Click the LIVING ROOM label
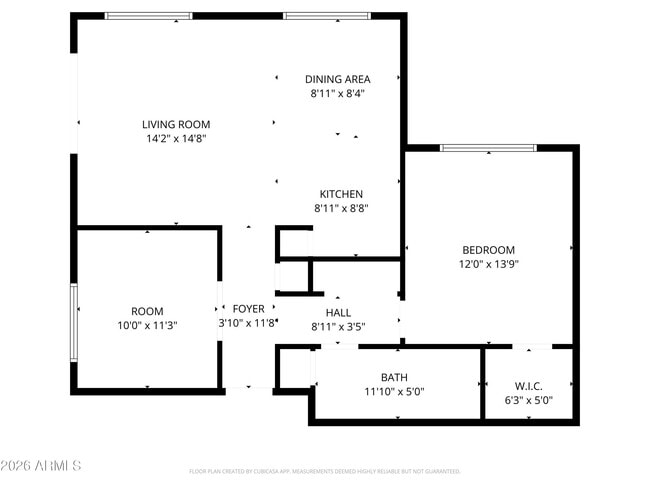pyautogui.click(x=176, y=125)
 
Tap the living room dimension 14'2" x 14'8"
pyautogui.click(x=176, y=139)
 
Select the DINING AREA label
pyautogui.click(x=338, y=79)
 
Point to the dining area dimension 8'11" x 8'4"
pyautogui.click(x=338, y=93)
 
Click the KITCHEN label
pyautogui.click(x=341, y=194)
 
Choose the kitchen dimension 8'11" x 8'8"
pyautogui.click(x=341, y=209)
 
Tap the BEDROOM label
pyautogui.click(x=488, y=250)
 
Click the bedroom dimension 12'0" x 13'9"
pyautogui.click(x=488, y=265)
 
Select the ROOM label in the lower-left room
pyautogui.click(x=147, y=311)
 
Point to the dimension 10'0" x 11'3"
pyautogui.click(x=147, y=325)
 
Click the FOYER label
pyautogui.click(x=248, y=309)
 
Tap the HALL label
pyautogui.click(x=338, y=312)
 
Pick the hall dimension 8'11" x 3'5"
pyautogui.click(x=338, y=326)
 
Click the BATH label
pyautogui.click(x=394, y=377)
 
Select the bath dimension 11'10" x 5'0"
pyautogui.click(x=394, y=391)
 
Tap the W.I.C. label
pyautogui.click(x=528, y=385)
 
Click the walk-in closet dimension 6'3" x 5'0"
pyautogui.click(x=528, y=400)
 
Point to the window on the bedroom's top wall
pyautogui.click(x=488, y=149)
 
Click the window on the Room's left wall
pyautogui.click(x=73, y=323)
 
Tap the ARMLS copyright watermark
pyautogui.click(x=42, y=466)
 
